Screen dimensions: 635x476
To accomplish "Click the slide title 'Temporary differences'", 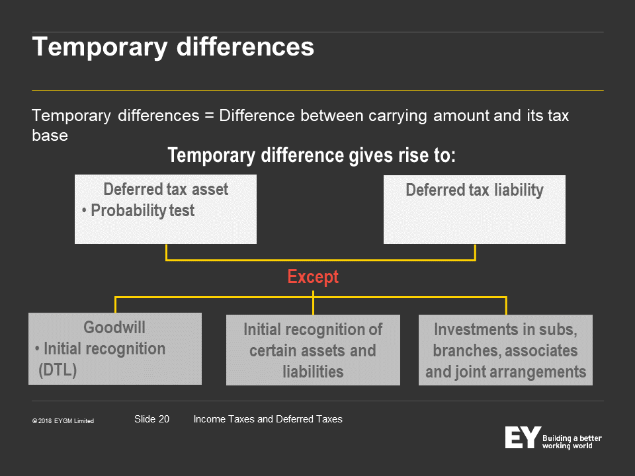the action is click(x=173, y=47).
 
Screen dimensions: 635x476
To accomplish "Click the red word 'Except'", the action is click(x=313, y=277).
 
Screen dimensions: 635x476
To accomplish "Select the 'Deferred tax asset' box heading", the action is click(x=165, y=190).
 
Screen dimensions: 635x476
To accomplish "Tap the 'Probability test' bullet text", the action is click(x=143, y=210).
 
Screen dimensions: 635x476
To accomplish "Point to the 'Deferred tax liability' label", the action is click(x=475, y=190).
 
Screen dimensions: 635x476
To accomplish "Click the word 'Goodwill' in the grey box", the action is click(x=114, y=327).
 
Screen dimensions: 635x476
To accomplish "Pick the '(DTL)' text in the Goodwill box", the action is click(x=58, y=370).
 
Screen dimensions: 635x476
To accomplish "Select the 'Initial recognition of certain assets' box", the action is click(x=313, y=350).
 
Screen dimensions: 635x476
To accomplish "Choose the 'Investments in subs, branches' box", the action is click(x=505, y=350).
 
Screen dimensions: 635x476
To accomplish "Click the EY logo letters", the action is click(x=523, y=437).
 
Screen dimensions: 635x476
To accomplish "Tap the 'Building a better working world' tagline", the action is click(x=571, y=442).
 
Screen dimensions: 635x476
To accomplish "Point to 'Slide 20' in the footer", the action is click(x=152, y=419).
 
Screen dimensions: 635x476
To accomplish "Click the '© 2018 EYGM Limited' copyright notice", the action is click(x=63, y=421).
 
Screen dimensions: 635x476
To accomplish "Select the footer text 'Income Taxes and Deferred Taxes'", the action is click(x=268, y=419).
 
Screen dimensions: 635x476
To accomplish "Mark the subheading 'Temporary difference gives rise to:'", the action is click(x=312, y=155).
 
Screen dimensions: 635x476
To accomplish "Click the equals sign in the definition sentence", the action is click(x=209, y=116).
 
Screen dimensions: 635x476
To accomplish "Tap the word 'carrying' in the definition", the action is click(x=398, y=116).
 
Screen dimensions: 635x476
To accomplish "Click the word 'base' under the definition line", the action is click(x=50, y=135).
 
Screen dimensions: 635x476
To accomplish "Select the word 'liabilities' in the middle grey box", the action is click(x=313, y=372).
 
